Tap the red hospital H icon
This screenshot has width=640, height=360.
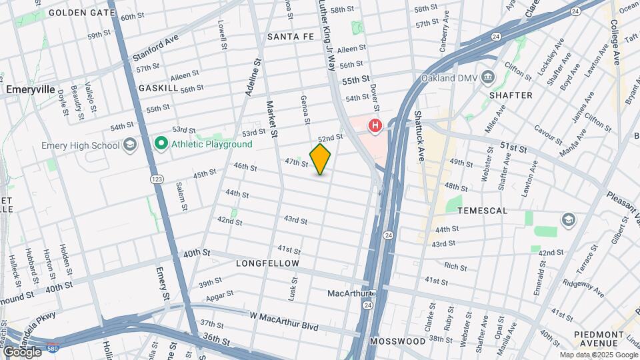375,125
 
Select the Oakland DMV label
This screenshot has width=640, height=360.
451,78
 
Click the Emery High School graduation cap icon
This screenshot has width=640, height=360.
129,145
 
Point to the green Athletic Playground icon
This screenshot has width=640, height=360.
161,144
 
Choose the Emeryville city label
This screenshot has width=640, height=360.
30,89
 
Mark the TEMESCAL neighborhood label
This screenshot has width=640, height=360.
482,211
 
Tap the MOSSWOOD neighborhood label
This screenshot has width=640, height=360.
399,341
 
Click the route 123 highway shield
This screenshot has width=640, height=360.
157,179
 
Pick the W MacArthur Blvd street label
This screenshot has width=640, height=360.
284,321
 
